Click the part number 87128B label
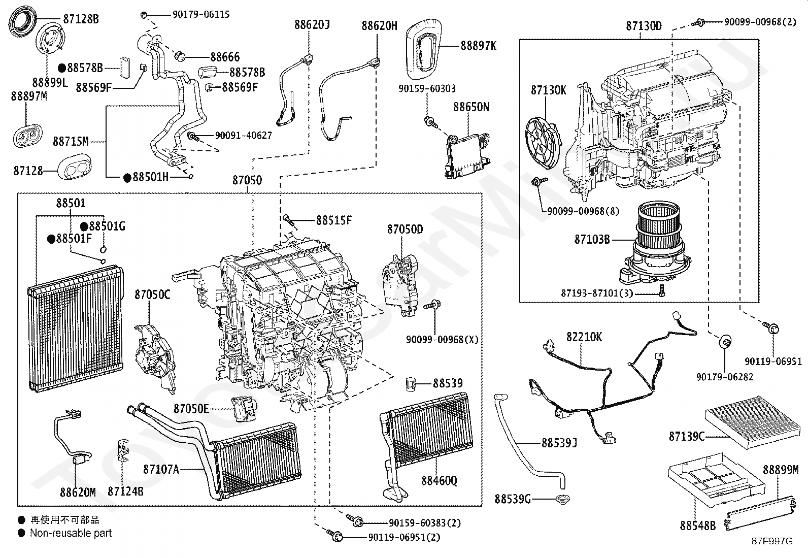[x=81, y=19]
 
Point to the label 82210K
[x=584, y=337]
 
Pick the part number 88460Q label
[x=439, y=480]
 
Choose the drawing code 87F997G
[x=772, y=541]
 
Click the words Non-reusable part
[x=71, y=533]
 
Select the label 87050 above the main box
[x=247, y=180]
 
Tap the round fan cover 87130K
[x=543, y=144]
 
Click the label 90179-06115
[x=200, y=14]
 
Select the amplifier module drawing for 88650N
[x=467, y=155]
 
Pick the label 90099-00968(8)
[x=583, y=211]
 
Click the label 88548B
[x=697, y=526]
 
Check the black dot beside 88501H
[x=127, y=177]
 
